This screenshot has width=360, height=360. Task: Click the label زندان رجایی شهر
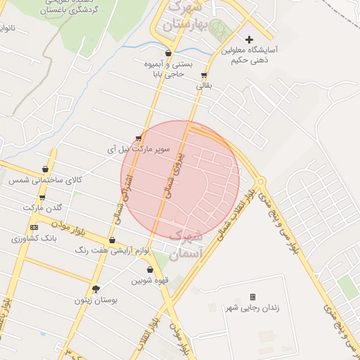point(251,309)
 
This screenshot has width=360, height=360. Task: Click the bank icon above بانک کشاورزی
point(34,228)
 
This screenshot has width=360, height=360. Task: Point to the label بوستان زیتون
point(96,300)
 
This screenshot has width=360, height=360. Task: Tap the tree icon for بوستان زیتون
point(96,288)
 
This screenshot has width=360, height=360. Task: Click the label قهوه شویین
point(149,281)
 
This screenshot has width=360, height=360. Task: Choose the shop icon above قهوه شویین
point(150,269)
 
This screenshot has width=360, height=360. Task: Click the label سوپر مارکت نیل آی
point(139,149)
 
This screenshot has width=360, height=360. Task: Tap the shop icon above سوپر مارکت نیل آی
point(139,138)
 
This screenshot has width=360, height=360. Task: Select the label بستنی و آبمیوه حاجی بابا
point(167,68)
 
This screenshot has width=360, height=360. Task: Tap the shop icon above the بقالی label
point(204,75)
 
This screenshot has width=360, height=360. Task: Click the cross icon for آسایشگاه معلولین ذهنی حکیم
point(249,39)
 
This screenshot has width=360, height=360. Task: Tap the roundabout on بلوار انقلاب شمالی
point(261,181)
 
